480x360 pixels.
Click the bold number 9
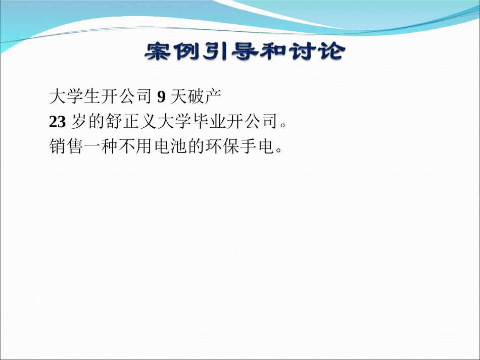[x=161, y=95]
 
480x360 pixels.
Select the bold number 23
[x=57, y=121]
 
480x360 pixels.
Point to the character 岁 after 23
[x=80, y=121]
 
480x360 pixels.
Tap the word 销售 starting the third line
[x=66, y=147]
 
